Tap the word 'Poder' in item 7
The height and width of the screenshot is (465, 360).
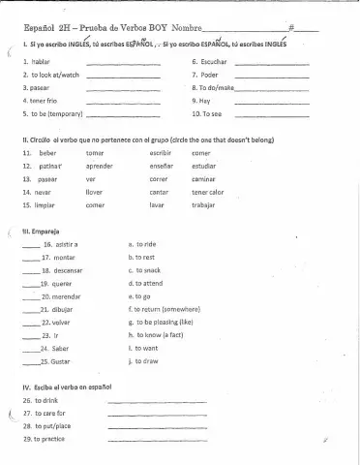214,74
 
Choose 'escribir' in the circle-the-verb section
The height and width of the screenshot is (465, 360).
163,153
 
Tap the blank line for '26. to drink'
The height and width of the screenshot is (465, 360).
144,401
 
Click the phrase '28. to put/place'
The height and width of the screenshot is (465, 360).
49,426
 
